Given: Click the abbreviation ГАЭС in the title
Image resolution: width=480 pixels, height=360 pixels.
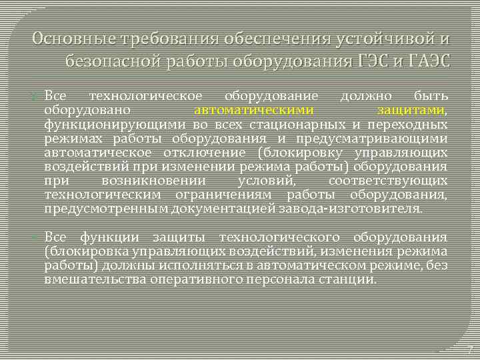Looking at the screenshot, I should pyautogui.click(x=426, y=62).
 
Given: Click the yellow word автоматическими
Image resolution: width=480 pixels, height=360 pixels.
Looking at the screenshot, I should pyautogui.click(x=254, y=111).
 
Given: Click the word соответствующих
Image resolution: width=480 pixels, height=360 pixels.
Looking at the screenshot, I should pyautogui.click(x=388, y=181).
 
